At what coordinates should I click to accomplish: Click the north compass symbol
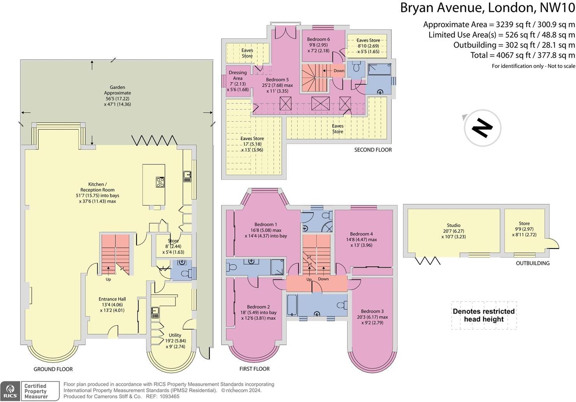tap(482, 128)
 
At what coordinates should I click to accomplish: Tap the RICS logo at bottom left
tap(10, 391)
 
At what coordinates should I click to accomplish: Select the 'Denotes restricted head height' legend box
tap(484, 315)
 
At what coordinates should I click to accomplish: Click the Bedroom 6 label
tap(318, 39)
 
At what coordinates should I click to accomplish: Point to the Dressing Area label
tap(238, 75)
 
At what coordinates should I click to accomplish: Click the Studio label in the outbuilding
tap(453, 226)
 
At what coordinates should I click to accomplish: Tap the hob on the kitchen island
tap(160, 182)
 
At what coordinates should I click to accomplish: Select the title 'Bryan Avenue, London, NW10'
tap(487, 8)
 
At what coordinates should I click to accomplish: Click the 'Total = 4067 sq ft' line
tap(522, 55)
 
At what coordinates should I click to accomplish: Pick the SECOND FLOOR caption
tap(372, 150)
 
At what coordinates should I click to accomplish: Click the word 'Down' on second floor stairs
tap(339, 71)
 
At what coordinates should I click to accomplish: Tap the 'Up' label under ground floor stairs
tap(108, 279)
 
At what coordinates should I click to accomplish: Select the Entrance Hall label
tap(112, 299)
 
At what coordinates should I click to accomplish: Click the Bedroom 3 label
tap(372, 311)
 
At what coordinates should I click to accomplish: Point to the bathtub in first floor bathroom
tap(292, 305)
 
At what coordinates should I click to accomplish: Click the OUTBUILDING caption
tap(532, 263)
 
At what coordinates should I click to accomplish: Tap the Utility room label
tap(175, 335)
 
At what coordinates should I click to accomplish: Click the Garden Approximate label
tap(117, 90)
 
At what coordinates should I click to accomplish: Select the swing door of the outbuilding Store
tap(553, 243)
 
